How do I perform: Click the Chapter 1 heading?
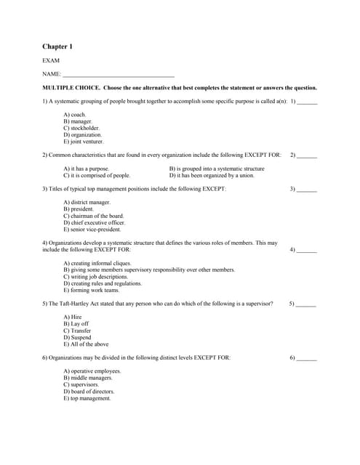coord(57,46)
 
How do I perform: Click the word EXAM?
coord(51,61)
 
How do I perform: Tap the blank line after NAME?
coord(119,74)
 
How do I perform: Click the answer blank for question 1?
coord(308,102)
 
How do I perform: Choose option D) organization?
coord(83,135)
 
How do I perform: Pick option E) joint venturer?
coord(84,142)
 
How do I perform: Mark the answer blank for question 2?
coord(307,155)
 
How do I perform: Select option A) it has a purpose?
coord(87,169)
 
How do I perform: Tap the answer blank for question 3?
coord(307,189)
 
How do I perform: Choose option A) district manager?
coord(87,202)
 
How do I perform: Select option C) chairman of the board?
coord(94,216)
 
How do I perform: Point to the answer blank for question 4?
coord(307,250)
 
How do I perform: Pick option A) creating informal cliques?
coord(97,263)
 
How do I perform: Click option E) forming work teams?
coord(92,290)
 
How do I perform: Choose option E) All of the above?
coord(86,344)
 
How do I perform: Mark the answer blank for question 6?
coord(307,358)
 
